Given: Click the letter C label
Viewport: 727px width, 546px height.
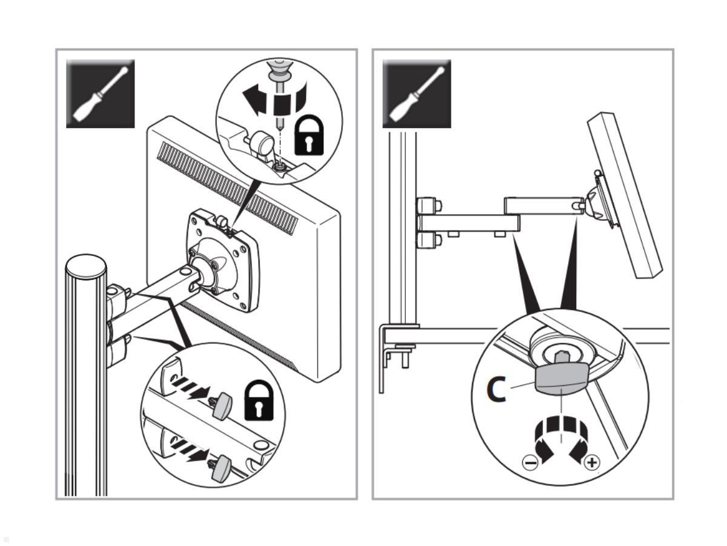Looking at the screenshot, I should (x=497, y=389).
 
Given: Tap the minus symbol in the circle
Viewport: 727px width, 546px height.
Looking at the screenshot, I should (x=529, y=464).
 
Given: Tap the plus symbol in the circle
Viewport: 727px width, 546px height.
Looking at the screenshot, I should (x=591, y=464).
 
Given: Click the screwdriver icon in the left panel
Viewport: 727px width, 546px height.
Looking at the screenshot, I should (x=100, y=93).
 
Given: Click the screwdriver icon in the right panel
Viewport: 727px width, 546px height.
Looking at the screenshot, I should (x=416, y=93).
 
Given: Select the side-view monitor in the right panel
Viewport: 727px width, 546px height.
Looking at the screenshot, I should (x=623, y=194).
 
